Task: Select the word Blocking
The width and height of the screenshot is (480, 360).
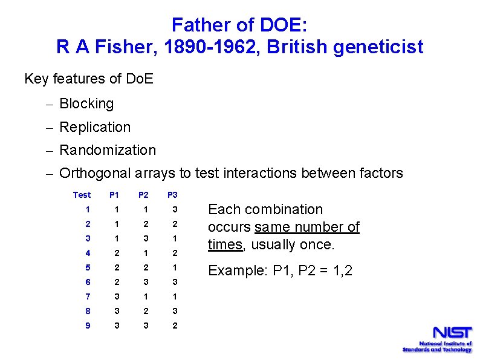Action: [x=86, y=104]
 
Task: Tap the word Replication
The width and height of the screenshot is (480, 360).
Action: [x=95, y=127]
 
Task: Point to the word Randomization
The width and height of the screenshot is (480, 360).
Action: [x=108, y=150]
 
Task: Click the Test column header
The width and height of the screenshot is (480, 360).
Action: [x=82, y=195]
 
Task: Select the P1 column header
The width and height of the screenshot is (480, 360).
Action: [x=114, y=195]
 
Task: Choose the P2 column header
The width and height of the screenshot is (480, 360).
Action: [x=143, y=195]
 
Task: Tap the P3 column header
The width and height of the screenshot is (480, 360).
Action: [x=173, y=195]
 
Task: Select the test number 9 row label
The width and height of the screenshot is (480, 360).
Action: [x=88, y=326]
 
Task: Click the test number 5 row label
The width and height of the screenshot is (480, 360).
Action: [x=88, y=267]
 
